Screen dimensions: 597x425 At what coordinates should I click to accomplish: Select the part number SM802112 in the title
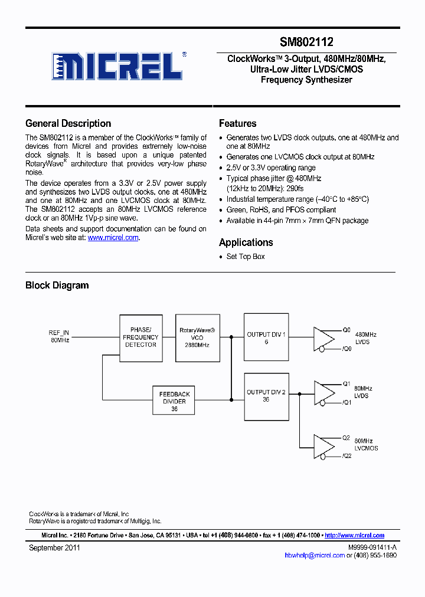click(306, 42)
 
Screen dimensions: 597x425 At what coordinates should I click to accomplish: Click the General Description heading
click(68, 123)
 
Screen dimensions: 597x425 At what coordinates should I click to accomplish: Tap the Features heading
click(237, 123)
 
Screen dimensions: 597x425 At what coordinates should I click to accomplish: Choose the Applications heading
click(246, 242)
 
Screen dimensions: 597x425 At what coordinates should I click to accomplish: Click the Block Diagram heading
click(57, 286)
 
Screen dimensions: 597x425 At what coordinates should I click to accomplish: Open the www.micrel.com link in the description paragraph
click(113, 238)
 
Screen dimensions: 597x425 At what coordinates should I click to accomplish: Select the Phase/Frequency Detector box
click(140, 337)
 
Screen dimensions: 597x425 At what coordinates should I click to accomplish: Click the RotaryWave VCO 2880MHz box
click(197, 337)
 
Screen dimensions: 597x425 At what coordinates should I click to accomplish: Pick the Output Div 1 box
click(266, 337)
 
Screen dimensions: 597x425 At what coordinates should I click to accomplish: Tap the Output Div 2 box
click(266, 396)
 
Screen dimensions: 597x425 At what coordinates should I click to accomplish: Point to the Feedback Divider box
click(174, 401)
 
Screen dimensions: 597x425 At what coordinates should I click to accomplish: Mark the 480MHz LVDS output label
click(365, 339)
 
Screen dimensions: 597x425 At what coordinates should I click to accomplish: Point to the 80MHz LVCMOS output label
click(366, 445)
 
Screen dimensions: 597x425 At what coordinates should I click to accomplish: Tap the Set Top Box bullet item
click(246, 257)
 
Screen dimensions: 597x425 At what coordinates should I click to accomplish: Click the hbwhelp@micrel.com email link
click(314, 555)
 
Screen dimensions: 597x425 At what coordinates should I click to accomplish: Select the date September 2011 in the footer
click(54, 548)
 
